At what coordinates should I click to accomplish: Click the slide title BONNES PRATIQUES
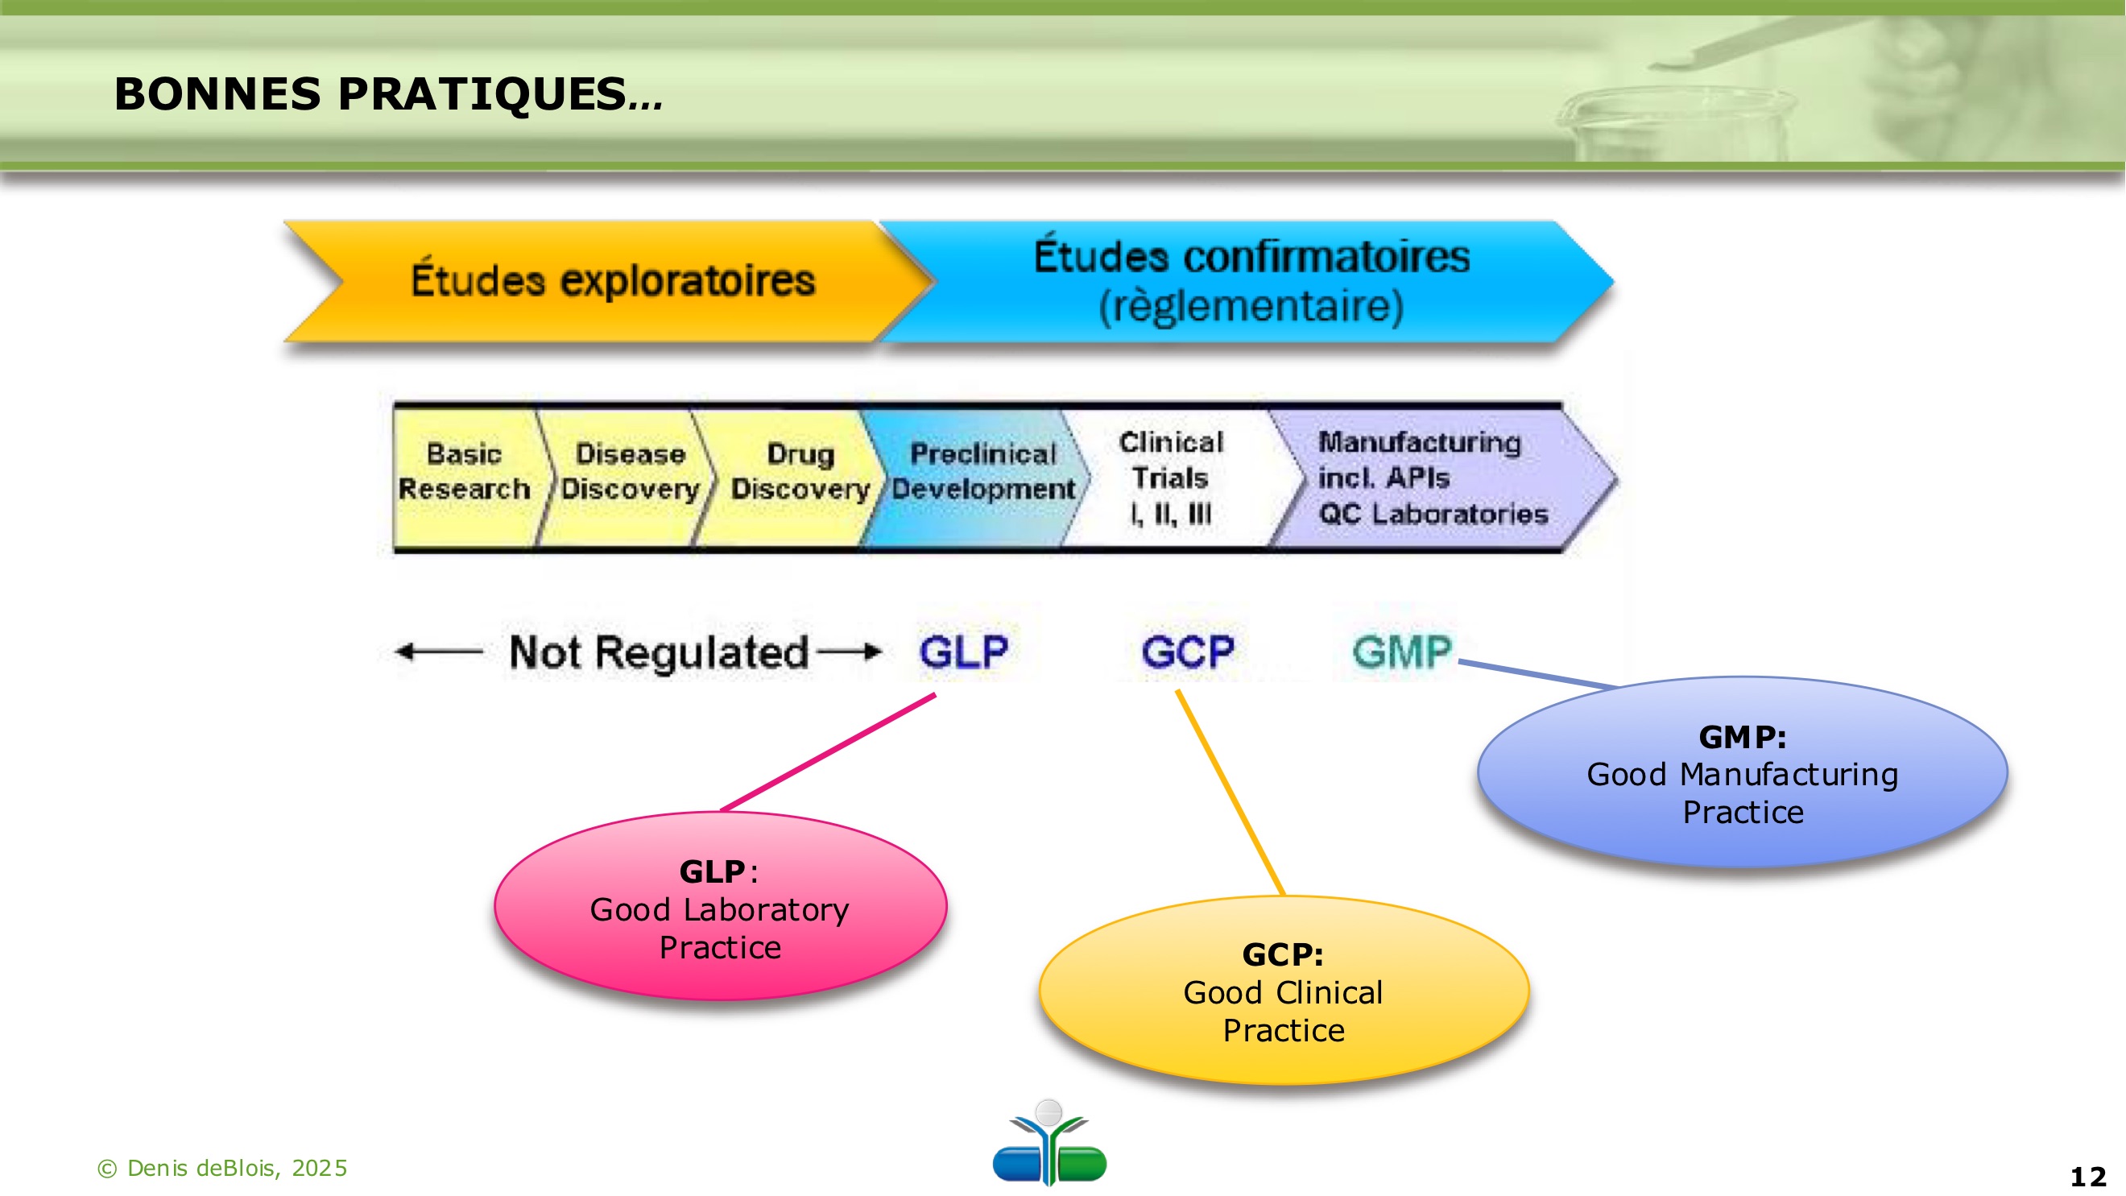[x=388, y=93]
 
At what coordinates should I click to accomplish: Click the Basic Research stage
[x=465, y=472]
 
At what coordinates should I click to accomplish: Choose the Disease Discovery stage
[x=630, y=472]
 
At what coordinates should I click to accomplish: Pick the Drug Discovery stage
[x=799, y=472]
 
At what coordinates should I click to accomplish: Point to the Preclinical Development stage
[x=982, y=472]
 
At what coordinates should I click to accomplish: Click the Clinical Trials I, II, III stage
[x=1170, y=478]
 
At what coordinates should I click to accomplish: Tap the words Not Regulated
[x=658, y=652]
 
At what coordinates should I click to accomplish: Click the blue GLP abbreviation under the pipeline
[x=963, y=652]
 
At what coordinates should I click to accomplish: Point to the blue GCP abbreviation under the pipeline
[x=1188, y=652]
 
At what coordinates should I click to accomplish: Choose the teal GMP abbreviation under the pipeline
[x=1401, y=652]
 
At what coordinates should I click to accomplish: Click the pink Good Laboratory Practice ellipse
[x=720, y=908]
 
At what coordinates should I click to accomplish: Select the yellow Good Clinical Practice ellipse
[x=1284, y=991]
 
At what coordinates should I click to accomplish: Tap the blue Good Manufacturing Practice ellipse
[x=1742, y=773]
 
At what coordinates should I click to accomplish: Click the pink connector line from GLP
[x=828, y=753]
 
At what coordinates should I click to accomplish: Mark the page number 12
[x=2088, y=1176]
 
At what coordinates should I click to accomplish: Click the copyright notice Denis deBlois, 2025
[x=223, y=1168]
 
